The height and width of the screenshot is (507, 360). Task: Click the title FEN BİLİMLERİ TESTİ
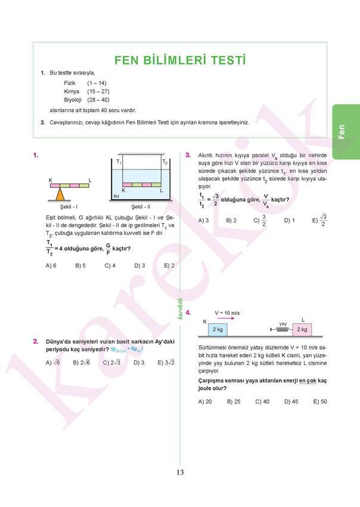[179, 60]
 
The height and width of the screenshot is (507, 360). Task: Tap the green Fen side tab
[346, 131]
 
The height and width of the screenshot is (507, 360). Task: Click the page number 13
[180, 472]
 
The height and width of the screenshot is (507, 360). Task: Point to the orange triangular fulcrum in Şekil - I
[60, 194]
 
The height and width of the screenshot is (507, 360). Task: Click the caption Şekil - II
[141, 206]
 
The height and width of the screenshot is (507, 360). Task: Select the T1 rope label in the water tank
[119, 162]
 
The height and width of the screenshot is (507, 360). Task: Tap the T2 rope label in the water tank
[165, 162]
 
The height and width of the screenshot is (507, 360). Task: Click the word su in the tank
[116, 195]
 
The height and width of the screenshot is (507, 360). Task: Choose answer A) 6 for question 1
[51, 265]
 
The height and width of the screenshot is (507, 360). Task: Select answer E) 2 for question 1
[169, 265]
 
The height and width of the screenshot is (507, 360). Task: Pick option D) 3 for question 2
[139, 362]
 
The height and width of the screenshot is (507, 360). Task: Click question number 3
[188, 155]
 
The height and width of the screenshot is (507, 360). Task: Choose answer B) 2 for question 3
[231, 220]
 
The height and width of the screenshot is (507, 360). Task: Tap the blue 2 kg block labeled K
[217, 329]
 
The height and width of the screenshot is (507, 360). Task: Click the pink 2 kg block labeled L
[302, 329]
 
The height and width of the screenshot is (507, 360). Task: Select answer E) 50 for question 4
[320, 401]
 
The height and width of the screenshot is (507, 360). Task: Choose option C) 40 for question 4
[262, 401]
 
